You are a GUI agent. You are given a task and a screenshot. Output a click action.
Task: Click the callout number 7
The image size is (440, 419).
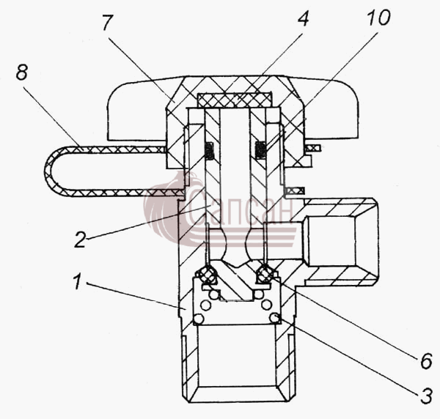point(108,22)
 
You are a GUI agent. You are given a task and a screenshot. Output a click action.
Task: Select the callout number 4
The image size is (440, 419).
point(303,18)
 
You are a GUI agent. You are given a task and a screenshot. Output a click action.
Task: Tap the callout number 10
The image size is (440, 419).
point(379,18)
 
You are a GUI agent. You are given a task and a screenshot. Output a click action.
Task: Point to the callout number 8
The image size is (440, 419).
point(21,73)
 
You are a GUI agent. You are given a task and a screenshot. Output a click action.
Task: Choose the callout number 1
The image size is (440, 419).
point(77,282)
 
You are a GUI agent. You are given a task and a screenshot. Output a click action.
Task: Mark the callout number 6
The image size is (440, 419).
point(426,361)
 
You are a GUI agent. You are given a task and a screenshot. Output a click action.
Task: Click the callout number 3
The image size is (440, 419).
point(426,396)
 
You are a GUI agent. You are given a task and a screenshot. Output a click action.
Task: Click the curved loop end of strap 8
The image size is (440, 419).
point(50,171)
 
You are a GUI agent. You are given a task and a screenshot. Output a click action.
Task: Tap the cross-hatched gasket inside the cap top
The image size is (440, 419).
point(235,100)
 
